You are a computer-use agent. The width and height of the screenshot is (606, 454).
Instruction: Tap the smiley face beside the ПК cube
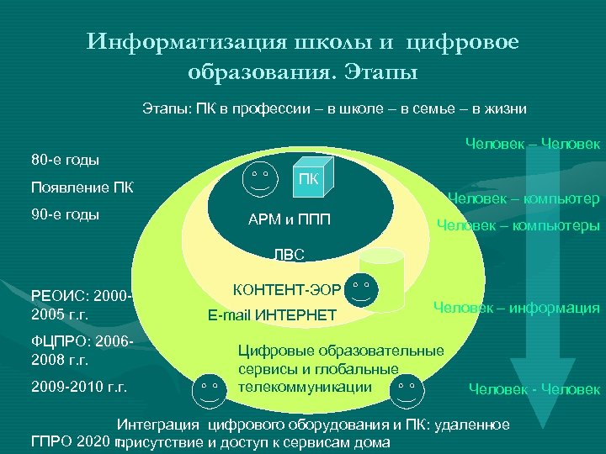coord(259,177)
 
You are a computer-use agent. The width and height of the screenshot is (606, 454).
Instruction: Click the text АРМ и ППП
coord(290,221)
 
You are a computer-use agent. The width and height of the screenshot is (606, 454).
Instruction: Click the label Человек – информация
coord(516,308)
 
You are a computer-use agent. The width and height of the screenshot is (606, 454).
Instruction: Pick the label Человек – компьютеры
coord(517,226)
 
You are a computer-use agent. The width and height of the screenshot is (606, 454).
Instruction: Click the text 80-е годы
coord(65,159)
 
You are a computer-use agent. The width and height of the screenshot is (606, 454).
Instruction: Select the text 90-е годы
coord(65,214)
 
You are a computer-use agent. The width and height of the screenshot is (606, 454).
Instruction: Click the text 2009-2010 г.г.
coord(78,388)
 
